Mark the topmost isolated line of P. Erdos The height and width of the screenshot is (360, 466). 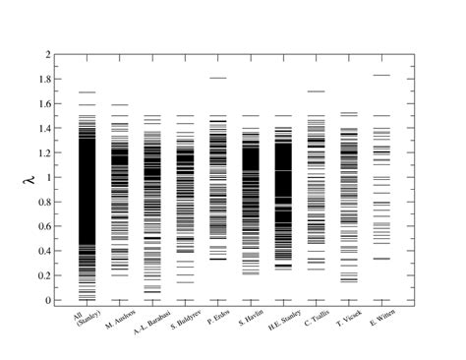point(218,78)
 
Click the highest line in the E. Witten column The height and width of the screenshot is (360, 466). point(381,75)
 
